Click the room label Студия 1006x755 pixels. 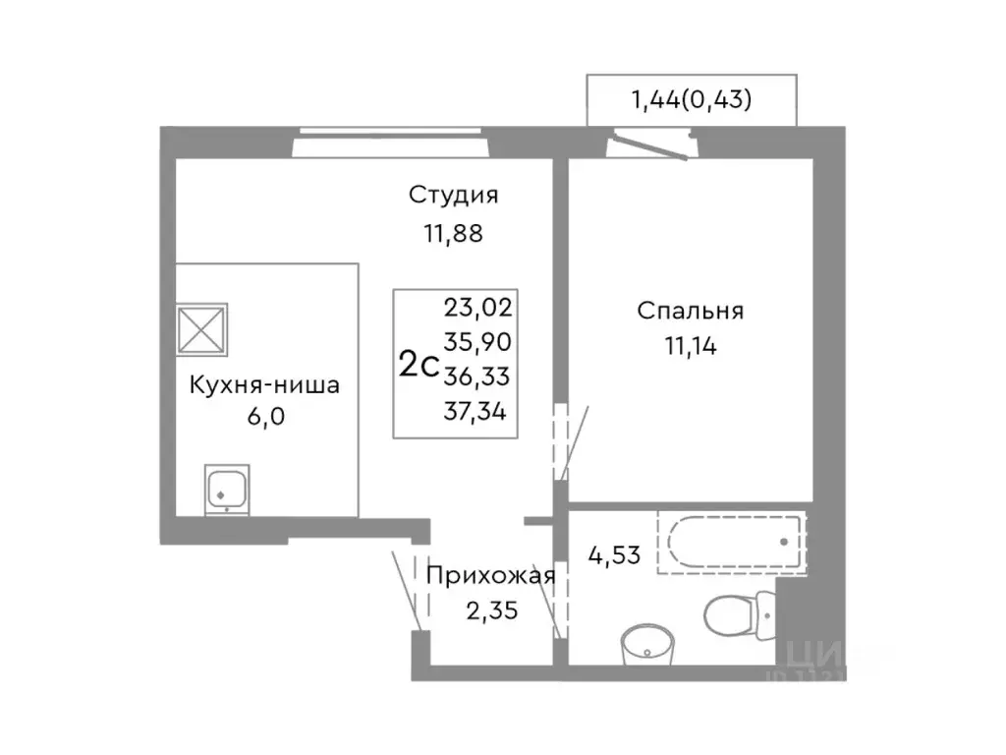tap(454, 195)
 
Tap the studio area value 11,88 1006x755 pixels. tap(454, 234)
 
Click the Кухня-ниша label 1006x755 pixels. tap(264, 384)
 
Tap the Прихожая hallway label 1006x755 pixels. tap(490, 576)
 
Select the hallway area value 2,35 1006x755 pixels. tap(490, 610)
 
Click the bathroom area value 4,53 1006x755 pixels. tap(614, 554)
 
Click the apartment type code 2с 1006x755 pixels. tap(419, 365)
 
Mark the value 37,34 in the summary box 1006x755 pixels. tap(477, 411)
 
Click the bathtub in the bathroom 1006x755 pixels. tap(732, 542)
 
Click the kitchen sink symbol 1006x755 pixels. tap(228, 489)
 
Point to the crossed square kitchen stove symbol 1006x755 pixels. tap(201, 328)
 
